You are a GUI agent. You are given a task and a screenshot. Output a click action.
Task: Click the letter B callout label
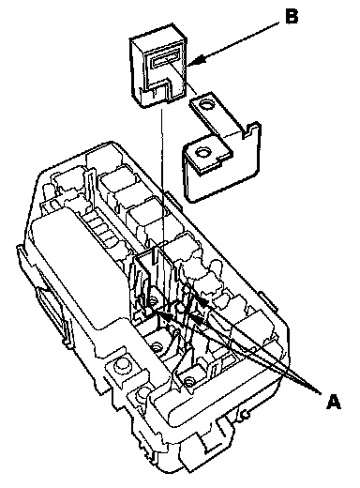click(292, 17)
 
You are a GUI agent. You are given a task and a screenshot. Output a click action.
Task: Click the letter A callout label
click(333, 402)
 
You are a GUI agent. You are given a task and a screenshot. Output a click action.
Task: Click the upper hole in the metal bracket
click(206, 105)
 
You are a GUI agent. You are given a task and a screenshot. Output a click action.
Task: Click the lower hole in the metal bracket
click(200, 153)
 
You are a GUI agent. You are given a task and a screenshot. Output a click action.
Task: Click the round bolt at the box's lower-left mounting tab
click(120, 364)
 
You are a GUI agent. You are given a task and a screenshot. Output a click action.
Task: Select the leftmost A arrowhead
click(165, 316)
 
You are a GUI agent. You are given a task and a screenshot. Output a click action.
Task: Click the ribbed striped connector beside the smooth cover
click(100, 227)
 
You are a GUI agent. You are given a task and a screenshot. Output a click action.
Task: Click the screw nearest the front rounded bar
click(187, 382)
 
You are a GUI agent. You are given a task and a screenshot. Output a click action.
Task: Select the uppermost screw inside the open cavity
click(153, 301)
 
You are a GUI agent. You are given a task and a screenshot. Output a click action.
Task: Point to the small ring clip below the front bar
click(246, 415)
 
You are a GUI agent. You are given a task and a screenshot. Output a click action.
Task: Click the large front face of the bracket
click(222, 169)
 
